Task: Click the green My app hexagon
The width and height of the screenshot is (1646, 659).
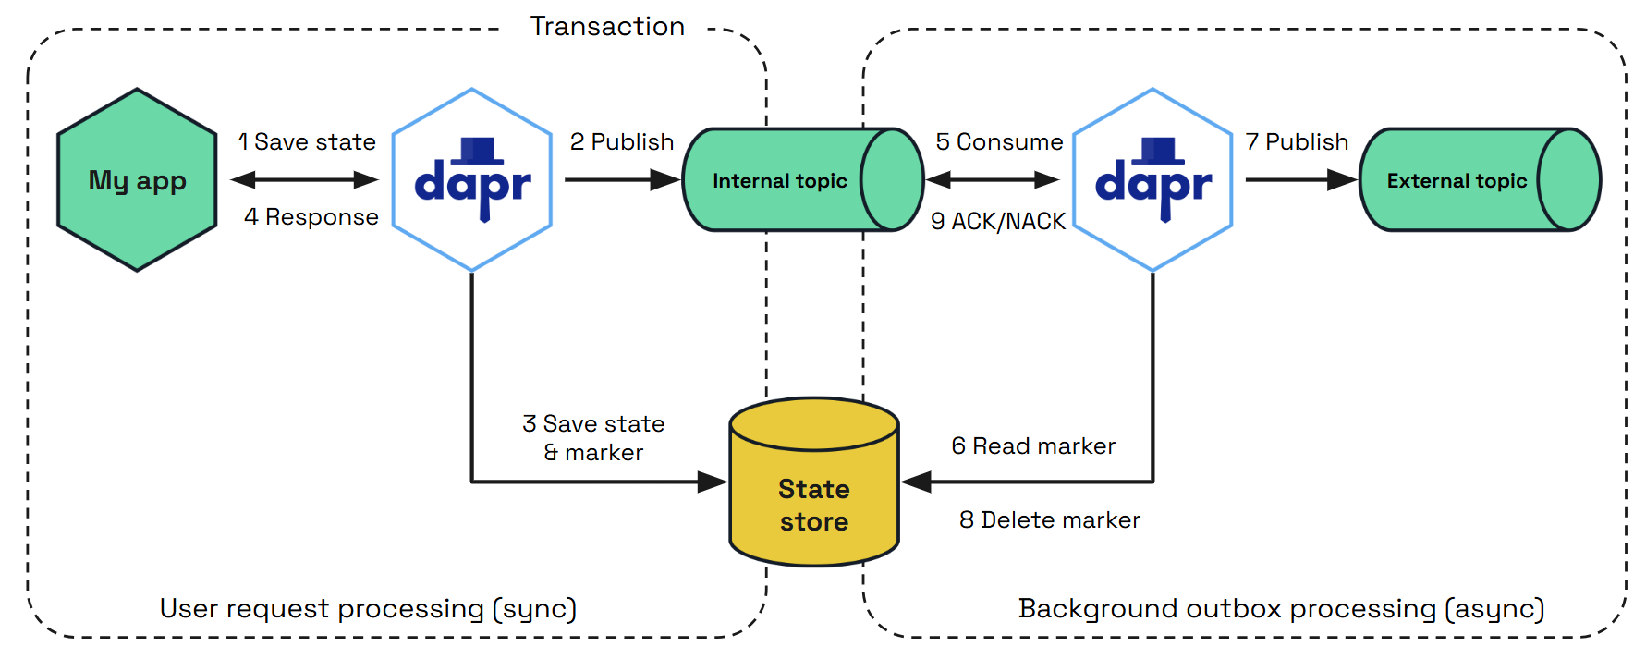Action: click(137, 180)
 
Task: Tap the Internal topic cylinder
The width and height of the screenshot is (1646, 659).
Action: click(781, 180)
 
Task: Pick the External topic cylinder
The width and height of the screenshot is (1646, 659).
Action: click(1457, 180)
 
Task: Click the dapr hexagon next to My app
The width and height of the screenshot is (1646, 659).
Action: click(472, 180)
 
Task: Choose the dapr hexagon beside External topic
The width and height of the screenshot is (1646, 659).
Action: click(1152, 180)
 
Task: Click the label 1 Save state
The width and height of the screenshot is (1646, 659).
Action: click(307, 142)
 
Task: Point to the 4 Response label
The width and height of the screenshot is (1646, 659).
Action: click(311, 217)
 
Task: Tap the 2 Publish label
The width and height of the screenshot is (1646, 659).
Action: click(622, 142)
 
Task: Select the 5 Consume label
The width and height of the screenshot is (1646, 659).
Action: click(999, 142)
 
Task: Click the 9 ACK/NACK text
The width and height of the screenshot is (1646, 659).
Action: click(998, 222)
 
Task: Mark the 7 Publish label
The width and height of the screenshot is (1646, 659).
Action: click(1297, 142)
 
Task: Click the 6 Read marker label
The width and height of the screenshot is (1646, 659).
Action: click(1033, 446)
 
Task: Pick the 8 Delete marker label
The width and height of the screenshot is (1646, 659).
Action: click(1050, 520)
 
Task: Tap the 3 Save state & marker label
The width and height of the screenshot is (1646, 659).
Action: click(593, 438)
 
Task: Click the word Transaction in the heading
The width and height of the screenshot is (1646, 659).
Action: click(607, 27)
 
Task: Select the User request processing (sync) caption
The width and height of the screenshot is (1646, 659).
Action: click(368, 609)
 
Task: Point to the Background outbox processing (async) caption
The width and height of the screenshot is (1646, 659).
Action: click(1281, 609)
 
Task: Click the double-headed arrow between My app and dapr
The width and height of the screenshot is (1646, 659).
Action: click(305, 180)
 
